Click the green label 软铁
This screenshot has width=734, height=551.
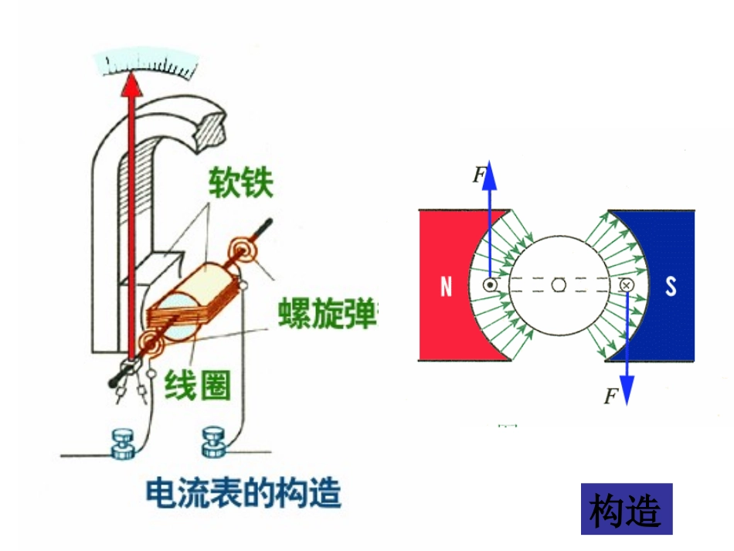(x=240, y=184)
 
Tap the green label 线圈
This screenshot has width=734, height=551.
(x=198, y=384)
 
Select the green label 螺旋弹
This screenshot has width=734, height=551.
(x=328, y=313)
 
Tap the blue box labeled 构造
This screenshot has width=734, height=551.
(x=626, y=509)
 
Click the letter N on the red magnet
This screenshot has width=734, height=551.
(x=446, y=287)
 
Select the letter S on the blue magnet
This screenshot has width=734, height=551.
(x=671, y=287)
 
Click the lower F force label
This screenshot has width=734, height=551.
(x=611, y=397)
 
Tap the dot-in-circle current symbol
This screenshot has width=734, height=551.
(x=490, y=285)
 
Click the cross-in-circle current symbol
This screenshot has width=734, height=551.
(x=626, y=285)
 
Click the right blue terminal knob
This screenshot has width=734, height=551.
(x=214, y=443)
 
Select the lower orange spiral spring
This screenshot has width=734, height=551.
(x=149, y=343)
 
